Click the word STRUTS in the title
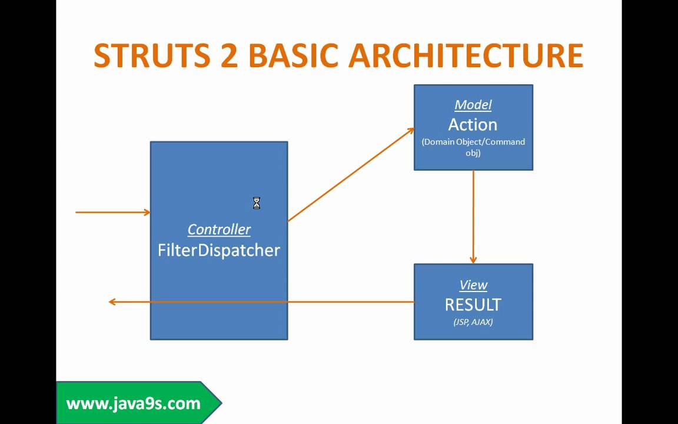pos(152,55)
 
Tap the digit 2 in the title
pos(228,55)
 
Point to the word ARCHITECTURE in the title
pos(466,55)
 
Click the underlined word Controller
pos(219,230)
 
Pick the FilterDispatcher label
pos(219,250)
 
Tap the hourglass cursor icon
pos(257,204)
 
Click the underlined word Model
pos(473,105)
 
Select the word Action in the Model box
pos(473,125)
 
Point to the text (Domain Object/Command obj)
pos(473,147)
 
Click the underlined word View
pos(473,285)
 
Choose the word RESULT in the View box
pos(473,305)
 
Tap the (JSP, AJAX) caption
pos(473,322)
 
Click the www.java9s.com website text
pos(134,403)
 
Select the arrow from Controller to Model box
pos(351,175)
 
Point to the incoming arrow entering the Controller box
pos(112,212)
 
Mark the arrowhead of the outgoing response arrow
pos(112,302)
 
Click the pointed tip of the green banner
pos(221,403)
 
